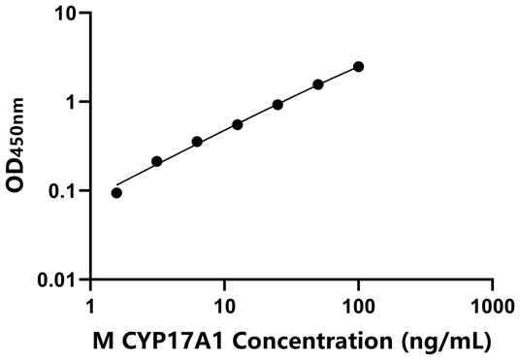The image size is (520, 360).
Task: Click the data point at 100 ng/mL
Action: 359,66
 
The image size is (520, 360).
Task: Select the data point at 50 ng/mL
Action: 318,84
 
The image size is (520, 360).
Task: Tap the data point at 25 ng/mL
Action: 277,104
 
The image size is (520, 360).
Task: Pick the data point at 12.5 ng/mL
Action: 238,124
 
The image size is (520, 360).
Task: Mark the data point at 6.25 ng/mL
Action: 197,142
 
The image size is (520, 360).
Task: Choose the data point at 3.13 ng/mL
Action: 157,161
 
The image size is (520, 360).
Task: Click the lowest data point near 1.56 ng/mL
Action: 117,192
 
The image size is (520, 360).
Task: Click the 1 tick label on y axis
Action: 73,102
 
